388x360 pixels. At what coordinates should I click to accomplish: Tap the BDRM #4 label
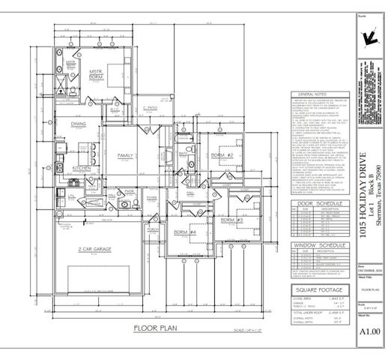pos(185,232)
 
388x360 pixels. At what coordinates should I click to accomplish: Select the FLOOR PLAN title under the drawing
pos(154,328)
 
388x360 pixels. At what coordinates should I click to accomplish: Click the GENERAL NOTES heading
pos(310,94)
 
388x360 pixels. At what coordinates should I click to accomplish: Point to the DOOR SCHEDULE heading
pos(314,203)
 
